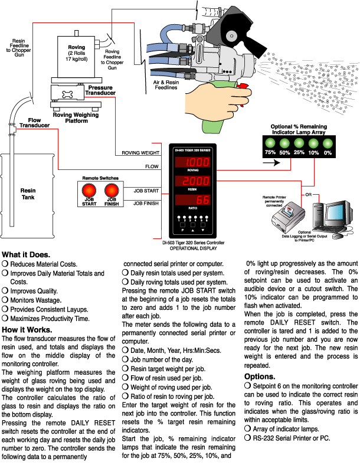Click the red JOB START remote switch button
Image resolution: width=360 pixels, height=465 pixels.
pyautogui.click(x=90, y=191)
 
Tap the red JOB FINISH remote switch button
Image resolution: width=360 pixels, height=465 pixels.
pyautogui.click(x=111, y=191)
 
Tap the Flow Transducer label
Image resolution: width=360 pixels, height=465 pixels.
pyautogui.click(x=31, y=123)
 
